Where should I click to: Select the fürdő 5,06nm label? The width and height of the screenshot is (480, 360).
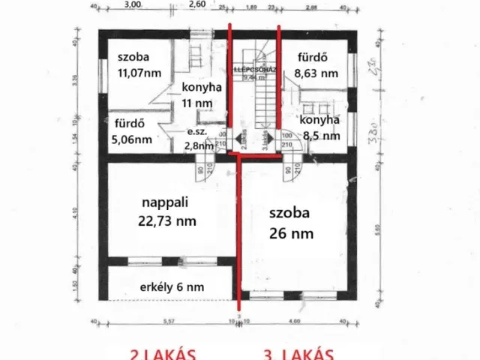point(132,131)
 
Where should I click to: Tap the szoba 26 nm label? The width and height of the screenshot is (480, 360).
point(292,222)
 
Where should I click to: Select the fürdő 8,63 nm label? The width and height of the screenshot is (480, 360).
point(316,65)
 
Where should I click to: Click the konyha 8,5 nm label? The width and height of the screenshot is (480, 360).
point(320,127)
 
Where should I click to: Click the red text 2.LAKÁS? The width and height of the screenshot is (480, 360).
point(163,354)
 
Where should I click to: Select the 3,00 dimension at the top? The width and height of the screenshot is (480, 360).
point(133,4)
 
